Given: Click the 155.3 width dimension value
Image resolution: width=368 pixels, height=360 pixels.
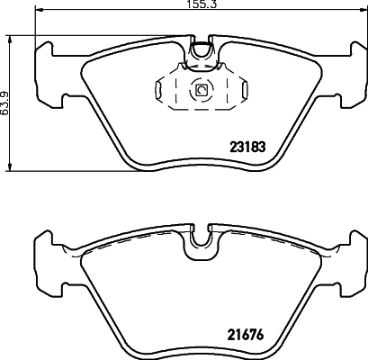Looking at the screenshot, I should tap(184, 5).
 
